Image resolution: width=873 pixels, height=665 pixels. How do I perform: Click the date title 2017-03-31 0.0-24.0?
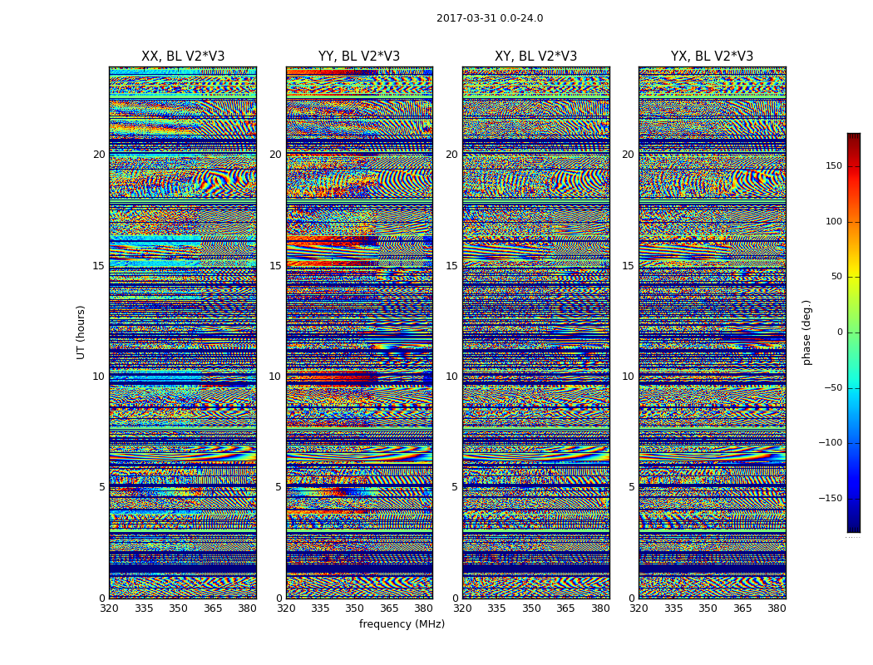(x=490, y=18)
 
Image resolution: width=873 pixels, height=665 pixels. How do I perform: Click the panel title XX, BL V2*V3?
(x=183, y=57)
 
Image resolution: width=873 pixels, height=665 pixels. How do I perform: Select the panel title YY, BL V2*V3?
(x=359, y=57)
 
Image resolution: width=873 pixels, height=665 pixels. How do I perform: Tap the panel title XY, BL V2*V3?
(x=535, y=57)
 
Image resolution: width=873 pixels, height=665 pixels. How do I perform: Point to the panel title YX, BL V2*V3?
(x=712, y=57)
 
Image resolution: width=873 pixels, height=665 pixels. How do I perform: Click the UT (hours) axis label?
(x=81, y=332)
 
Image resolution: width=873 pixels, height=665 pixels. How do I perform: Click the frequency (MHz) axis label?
(x=402, y=624)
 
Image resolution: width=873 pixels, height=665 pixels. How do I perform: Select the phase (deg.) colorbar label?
(x=807, y=332)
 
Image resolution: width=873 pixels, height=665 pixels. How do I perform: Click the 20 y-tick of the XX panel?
(x=99, y=155)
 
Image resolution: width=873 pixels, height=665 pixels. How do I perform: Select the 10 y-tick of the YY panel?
(x=275, y=377)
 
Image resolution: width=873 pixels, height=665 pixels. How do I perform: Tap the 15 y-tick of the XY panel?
(x=451, y=266)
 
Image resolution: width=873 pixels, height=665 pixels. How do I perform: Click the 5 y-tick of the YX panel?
(x=631, y=487)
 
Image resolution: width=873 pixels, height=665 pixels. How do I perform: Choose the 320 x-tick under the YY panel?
(x=286, y=608)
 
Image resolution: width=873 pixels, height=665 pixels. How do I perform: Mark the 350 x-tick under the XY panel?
(x=531, y=608)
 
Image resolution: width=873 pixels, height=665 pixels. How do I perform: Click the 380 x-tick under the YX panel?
(x=777, y=608)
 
